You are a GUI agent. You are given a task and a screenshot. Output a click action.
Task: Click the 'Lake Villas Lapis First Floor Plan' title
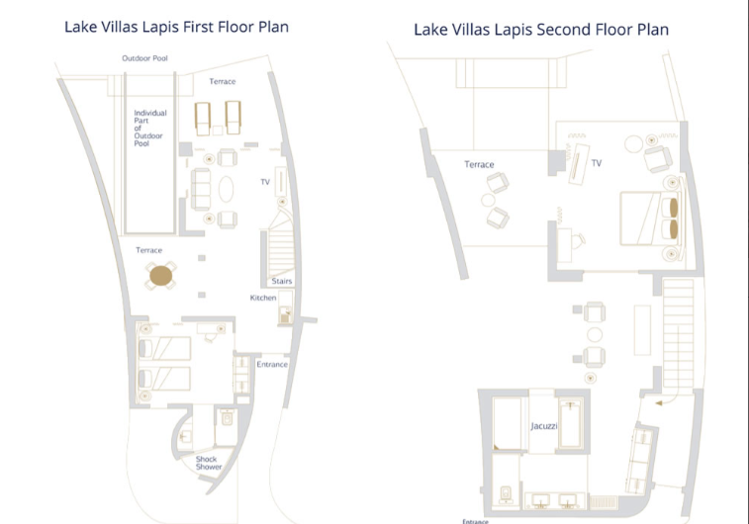tap(176, 27)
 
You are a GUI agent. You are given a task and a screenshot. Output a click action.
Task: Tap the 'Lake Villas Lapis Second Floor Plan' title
tap(541, 30)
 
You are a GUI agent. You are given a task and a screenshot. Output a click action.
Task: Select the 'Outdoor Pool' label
tap(144, 58)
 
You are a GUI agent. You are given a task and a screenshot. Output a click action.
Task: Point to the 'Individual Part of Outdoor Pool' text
tap(150, 128)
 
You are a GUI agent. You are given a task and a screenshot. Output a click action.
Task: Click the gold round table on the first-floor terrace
tap(161, 276)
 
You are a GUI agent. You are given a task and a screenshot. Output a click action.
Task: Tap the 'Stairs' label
tap(282, 281)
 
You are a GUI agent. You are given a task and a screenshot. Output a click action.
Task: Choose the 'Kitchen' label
tap(263, 298)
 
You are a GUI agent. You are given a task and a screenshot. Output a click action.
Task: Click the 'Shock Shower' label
tap(208, 463)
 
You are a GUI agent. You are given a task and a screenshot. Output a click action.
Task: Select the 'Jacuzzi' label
tap(543, 426)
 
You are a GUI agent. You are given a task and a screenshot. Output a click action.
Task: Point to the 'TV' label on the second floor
tap(597, 163)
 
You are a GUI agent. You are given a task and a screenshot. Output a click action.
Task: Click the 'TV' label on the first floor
tap(265, 182)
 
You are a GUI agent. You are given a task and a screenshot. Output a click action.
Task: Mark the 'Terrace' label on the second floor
tap(479, 165)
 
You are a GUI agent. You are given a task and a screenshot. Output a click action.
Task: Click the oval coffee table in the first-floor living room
tap(226, 190)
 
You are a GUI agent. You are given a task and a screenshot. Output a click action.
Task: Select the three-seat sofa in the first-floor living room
tap(201, 190)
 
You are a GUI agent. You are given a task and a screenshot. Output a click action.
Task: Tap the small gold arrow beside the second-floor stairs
tap(659, 403)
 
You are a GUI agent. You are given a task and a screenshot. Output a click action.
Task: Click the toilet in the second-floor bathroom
tap(506, 493)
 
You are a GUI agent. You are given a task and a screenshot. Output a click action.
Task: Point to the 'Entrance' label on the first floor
tap(272, 364)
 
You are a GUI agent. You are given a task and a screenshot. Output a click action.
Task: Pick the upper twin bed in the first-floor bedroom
tap(164, 348)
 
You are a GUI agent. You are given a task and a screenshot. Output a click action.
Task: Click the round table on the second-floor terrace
tap(488, 200)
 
